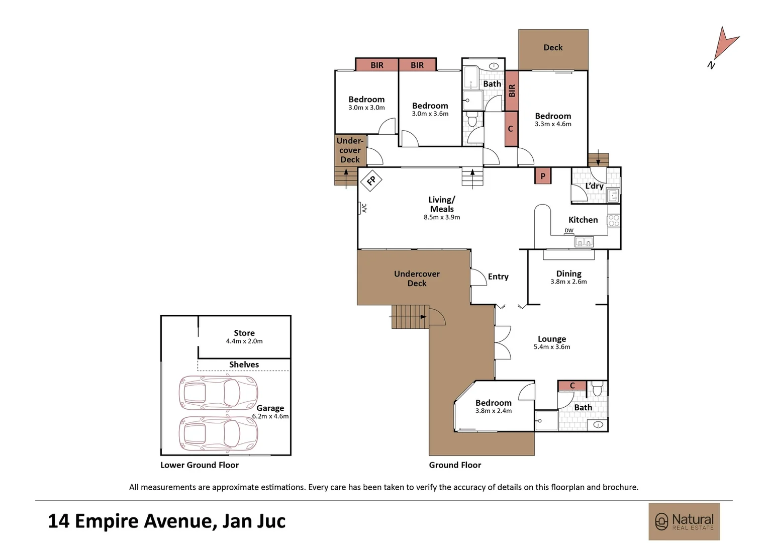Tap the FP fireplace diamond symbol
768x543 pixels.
371,180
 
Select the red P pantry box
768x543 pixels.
542,176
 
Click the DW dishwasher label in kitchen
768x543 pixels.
568,231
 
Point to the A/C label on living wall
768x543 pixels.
364,208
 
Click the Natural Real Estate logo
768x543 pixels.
684,521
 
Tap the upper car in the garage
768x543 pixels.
218,393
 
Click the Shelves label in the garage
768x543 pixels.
244,365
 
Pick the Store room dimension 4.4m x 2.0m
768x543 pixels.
244,341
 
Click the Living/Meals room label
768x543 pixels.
442,204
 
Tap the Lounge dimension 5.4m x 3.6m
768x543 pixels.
552,347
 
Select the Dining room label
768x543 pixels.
568,274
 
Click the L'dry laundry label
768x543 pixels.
594,186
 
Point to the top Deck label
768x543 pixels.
553,47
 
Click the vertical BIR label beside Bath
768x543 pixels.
512,90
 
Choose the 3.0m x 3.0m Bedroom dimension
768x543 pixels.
366,108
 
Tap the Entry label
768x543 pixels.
498,277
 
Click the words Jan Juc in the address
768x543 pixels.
254,521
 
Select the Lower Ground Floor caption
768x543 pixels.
200,465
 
